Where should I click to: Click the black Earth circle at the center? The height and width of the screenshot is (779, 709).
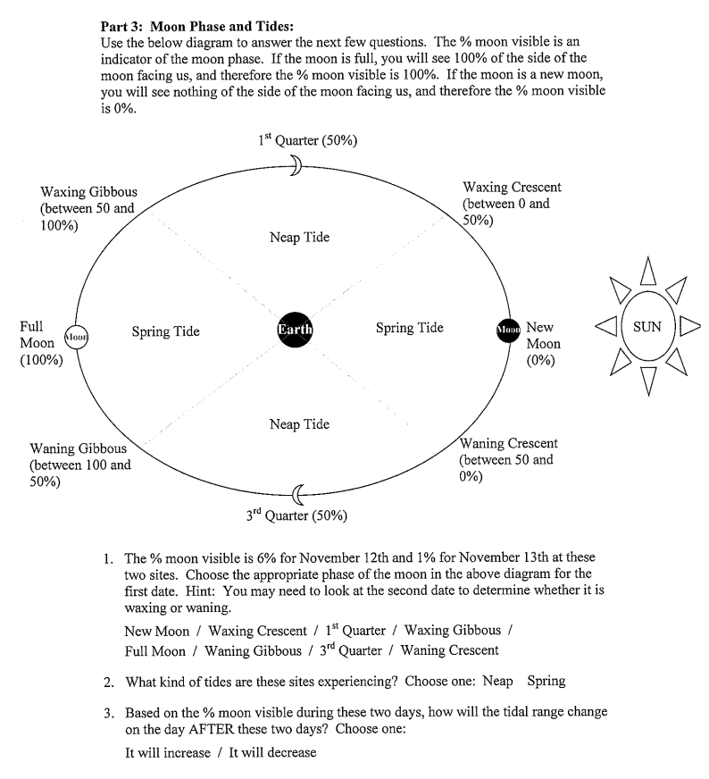[x=295, y=329]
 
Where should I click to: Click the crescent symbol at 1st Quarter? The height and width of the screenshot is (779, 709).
[x=296, y=162]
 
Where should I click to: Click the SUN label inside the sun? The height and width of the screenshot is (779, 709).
[x=646, y=326]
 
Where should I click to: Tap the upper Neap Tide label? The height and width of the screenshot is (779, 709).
[x=299, y=237]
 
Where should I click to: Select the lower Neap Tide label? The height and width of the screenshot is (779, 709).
[x=299, y=424]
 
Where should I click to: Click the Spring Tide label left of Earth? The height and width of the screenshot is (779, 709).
[x=165, y=331]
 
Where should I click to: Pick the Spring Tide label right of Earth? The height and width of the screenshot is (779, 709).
[x=409, y=328]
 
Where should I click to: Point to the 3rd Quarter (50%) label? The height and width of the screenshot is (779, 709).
[x=296, y=515]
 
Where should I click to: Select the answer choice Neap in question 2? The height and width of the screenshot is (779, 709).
[x=497, y=682]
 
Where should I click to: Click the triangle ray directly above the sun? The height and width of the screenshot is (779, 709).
[x=649, y=267]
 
